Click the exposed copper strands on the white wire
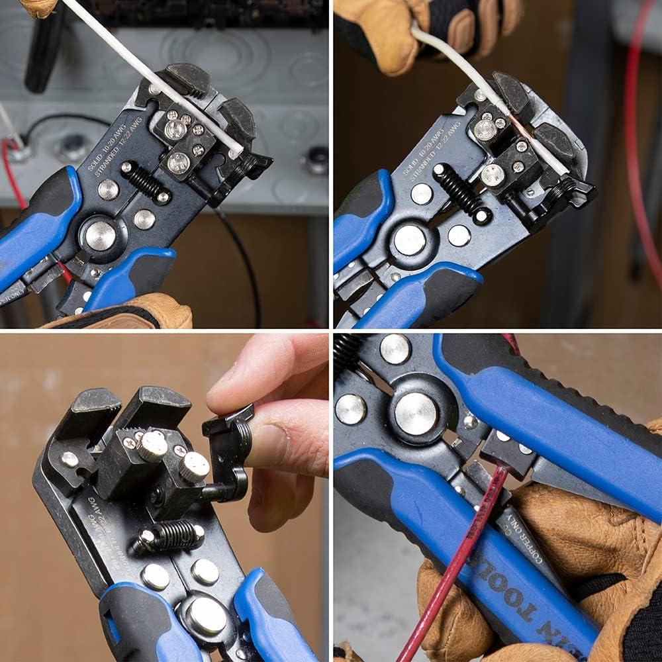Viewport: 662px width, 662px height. pos(514,122)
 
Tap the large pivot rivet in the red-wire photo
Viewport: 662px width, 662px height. pos(415,413)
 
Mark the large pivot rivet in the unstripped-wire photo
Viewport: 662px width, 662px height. pos(101,235)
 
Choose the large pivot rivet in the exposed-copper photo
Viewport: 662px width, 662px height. pos(410,240)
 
